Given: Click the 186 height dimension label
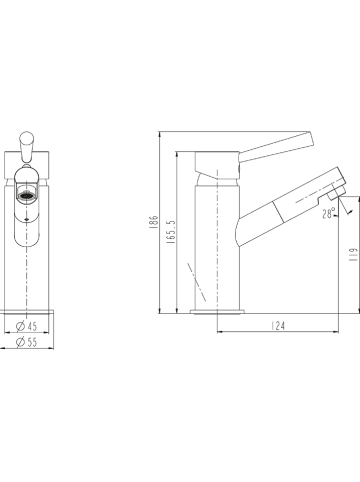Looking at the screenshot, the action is [154, 221].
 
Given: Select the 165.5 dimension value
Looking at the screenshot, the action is [171, 231].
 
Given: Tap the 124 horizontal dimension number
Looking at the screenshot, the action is [278, 325].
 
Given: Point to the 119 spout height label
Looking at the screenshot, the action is [353, 254].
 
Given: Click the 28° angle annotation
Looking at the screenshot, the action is [329, 213].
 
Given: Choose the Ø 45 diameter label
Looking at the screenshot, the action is [26, 326].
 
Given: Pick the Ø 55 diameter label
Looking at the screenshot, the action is [26, 342].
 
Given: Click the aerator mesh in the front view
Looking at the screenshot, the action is [26, 195].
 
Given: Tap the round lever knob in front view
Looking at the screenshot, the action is [26, 138].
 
